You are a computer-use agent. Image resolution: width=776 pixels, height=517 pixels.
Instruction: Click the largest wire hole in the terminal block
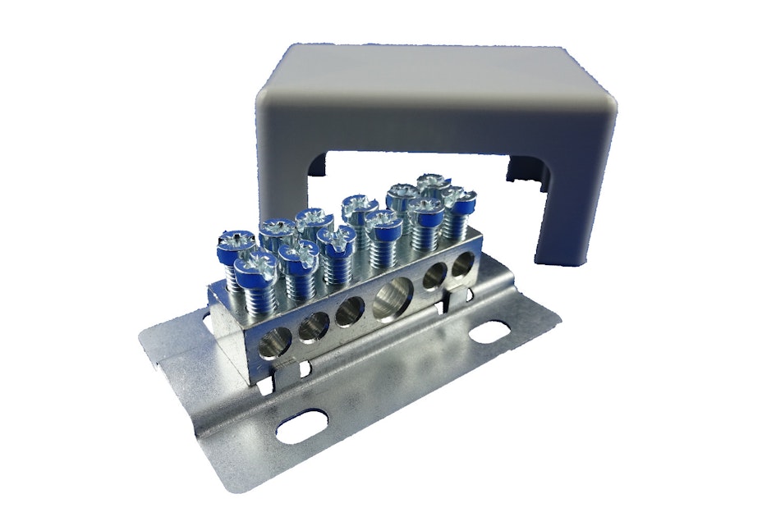pyautogui.click(x=393, y=297)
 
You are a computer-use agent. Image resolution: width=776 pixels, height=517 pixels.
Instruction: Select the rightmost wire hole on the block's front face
pyautogui.click(x=462, y=267)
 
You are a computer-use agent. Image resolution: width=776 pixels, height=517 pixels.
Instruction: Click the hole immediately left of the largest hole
pyautogui.click(x=349, y=311)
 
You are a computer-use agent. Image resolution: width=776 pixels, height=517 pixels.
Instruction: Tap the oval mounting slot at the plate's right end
pyautogui.click(x=488, y=332)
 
